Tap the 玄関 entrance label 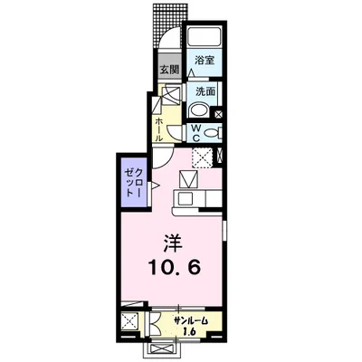tap(169, 69)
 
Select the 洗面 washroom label tap(204, 91)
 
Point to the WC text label tap(194, 132)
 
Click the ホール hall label tap(159, 123)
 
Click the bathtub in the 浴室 tap(205, 37)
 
